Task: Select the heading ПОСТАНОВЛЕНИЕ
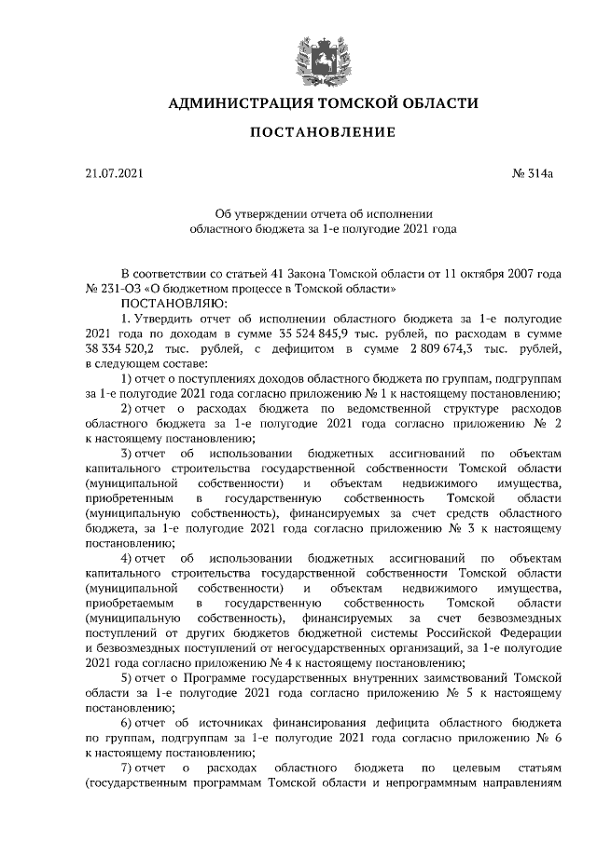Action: (323, 133)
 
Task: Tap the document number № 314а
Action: (533, 172)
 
